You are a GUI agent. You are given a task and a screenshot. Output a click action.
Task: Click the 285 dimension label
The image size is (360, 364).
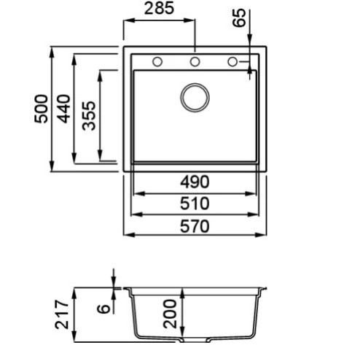click(x=159, y=8)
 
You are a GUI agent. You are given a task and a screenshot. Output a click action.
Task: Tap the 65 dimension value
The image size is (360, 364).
click(x=239, y=18)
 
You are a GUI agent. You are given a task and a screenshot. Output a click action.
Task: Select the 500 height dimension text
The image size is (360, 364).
click(x=41, y=109)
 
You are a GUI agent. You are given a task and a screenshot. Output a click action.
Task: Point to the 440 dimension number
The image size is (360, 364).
click(x=63, y=109)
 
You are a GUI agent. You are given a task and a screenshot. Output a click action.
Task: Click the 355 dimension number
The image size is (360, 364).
click(x=89, y=116)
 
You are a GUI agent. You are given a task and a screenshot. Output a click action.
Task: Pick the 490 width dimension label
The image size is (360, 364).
click(x=195, y=182)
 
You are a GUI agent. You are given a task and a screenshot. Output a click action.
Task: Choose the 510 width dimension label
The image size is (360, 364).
click(x=195, y=204)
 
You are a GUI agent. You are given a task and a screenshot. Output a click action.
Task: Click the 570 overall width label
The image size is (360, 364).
click(x=195, y=226)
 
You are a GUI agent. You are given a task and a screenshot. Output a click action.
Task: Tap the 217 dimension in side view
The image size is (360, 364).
click(x=62, y=314)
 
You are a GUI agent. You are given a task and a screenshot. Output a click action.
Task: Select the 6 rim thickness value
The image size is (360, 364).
click(x=103, y=309)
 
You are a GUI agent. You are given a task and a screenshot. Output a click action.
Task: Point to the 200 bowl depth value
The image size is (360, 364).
click(x=170, y=314)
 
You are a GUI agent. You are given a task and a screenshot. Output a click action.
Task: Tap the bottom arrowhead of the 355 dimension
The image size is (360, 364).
click(x=100, y=155)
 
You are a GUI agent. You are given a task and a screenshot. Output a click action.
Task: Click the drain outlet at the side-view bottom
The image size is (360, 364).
click(x=195, y=339)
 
